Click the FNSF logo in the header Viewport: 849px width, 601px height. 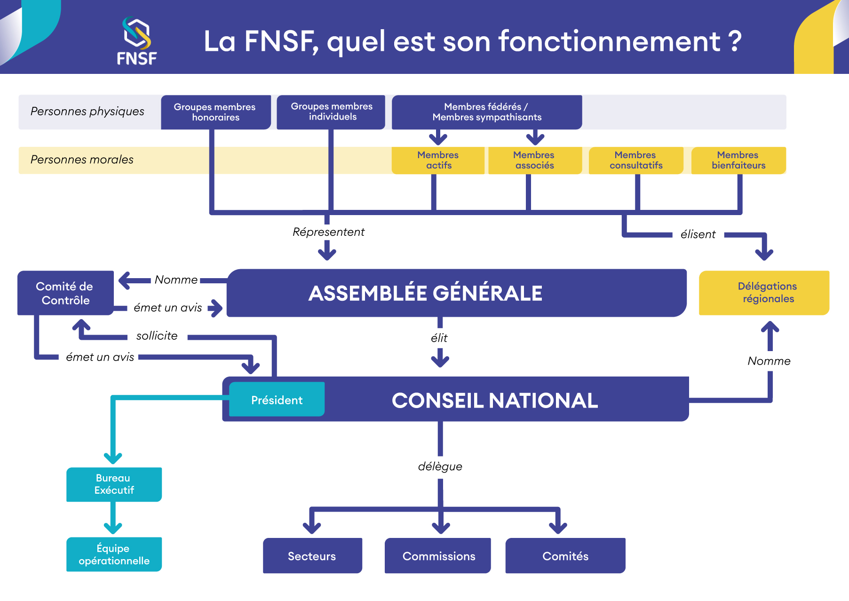click(136, 41)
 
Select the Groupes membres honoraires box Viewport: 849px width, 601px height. click(215, 112)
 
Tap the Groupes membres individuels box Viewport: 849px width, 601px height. click(331, 112)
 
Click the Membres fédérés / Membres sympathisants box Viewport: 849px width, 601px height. click(487, 112)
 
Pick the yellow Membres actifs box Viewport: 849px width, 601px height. click(438, 160)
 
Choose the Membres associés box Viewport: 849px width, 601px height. click(534, 160)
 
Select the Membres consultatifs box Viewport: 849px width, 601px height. click(636, 160)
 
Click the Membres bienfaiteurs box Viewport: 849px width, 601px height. click(738, 160)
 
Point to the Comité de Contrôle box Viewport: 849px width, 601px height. click(65, 293)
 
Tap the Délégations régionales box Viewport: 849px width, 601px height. click(764, 292)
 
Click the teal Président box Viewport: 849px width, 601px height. click(277, 400)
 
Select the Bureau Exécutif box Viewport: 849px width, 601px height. click(114, 484)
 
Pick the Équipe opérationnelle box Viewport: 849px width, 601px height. click(114, 554)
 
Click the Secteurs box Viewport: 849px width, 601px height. click(312, 556)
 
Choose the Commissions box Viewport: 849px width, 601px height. click(438, 556)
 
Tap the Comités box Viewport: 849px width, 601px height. click(565, 556)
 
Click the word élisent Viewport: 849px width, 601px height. click(698, 234)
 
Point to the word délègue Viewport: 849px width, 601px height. click(440, 466)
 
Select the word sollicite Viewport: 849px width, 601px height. click(157, 336)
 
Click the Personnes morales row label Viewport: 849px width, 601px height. click(82, 160)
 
